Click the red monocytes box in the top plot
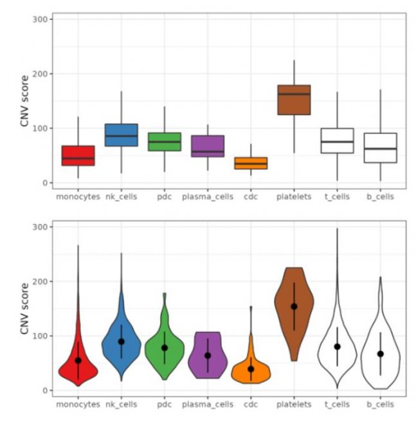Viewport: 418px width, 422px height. click(x=78, y=155)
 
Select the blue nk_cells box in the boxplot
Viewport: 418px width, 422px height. click(x=121, y=134)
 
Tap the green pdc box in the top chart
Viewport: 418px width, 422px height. click(x=164, y=142)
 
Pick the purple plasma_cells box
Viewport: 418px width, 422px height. click(x=207, y=146)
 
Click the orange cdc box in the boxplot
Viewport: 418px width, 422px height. click(x=250, y=163)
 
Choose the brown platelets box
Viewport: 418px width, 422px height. click(x=293, y=100)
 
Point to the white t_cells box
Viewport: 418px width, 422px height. click(x=336, y=140)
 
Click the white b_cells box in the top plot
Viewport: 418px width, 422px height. click(x=379, y=148)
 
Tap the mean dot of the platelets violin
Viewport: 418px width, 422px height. click(x=293, y=306)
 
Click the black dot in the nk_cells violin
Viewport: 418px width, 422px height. click(x=121, y=342)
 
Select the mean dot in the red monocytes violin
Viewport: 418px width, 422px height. click(x=78, y=360)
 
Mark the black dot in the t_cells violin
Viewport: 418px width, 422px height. click(x=336, y=347)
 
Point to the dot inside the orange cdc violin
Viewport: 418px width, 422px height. click(x=250, y=369)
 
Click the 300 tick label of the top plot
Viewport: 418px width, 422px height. click(x=39, y=19)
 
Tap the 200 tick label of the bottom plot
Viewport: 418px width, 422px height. click(x=39, y=282)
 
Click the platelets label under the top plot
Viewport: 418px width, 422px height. click(x=293, y=196)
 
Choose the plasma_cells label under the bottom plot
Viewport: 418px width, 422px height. click(x=207, y=404)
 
